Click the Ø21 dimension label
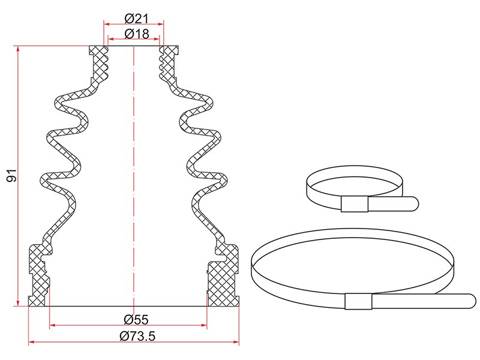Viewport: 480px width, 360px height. tap(137, 19)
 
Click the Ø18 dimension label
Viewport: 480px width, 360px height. tap(137, 34)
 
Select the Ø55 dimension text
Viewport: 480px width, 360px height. tap(136, 320)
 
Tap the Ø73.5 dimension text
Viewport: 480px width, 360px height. tap(137, 336)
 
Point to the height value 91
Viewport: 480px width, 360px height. tap(12, 175)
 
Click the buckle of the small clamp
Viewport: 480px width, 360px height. tap(355, 204)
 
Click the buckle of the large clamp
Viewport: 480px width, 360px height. tap(358, 301)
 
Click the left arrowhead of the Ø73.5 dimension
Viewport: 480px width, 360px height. tap(31, 342)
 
